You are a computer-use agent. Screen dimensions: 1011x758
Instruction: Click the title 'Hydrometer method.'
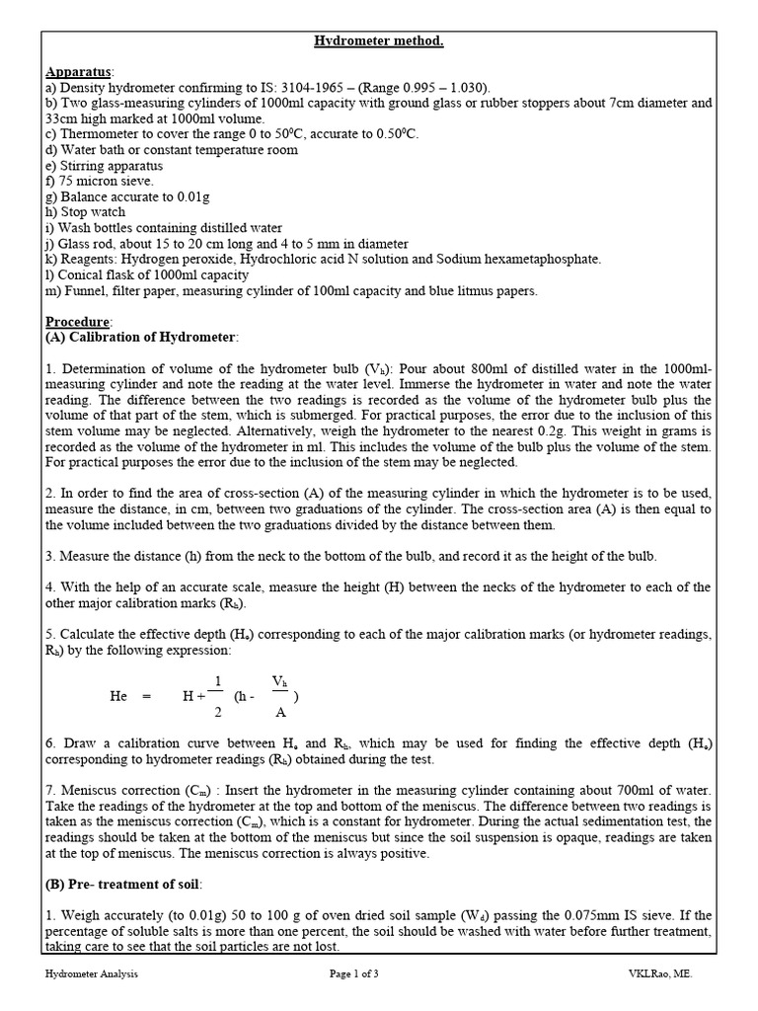[378, 40]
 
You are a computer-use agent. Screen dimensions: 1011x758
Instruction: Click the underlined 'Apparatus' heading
[80, 72]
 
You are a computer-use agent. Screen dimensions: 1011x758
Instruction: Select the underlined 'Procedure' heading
[79, 323]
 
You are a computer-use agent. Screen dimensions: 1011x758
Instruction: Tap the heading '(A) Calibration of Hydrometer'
[141, 338]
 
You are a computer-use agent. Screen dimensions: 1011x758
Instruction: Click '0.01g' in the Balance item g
[175, 196]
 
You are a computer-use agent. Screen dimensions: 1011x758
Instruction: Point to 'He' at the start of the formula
[118, 696]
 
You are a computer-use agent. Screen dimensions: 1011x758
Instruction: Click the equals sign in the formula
[147, 696]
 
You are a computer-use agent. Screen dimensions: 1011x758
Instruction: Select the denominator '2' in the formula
[217, 712]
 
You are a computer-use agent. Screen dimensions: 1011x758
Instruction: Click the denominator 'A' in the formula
[281, 712]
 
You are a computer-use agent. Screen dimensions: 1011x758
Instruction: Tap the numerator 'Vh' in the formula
[281, 681]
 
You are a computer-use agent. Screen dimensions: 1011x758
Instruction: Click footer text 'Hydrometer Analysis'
[92, 973]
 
